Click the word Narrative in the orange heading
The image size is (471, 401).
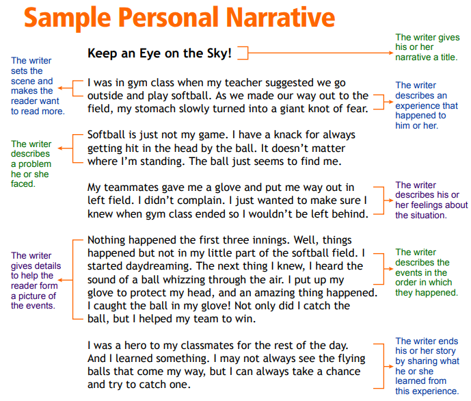pos(280,17)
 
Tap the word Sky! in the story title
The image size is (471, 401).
pos(219,53)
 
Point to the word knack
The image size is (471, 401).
pos(288,135)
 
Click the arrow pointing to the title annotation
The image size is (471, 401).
pos(321,53)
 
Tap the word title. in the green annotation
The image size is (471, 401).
pos(449,57)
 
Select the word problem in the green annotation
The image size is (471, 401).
pos(35,164)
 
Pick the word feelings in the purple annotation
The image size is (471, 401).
pos(424,205)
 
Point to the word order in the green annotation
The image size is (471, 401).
pos(404,283)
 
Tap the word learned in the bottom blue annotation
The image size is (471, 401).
pos(410,381)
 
